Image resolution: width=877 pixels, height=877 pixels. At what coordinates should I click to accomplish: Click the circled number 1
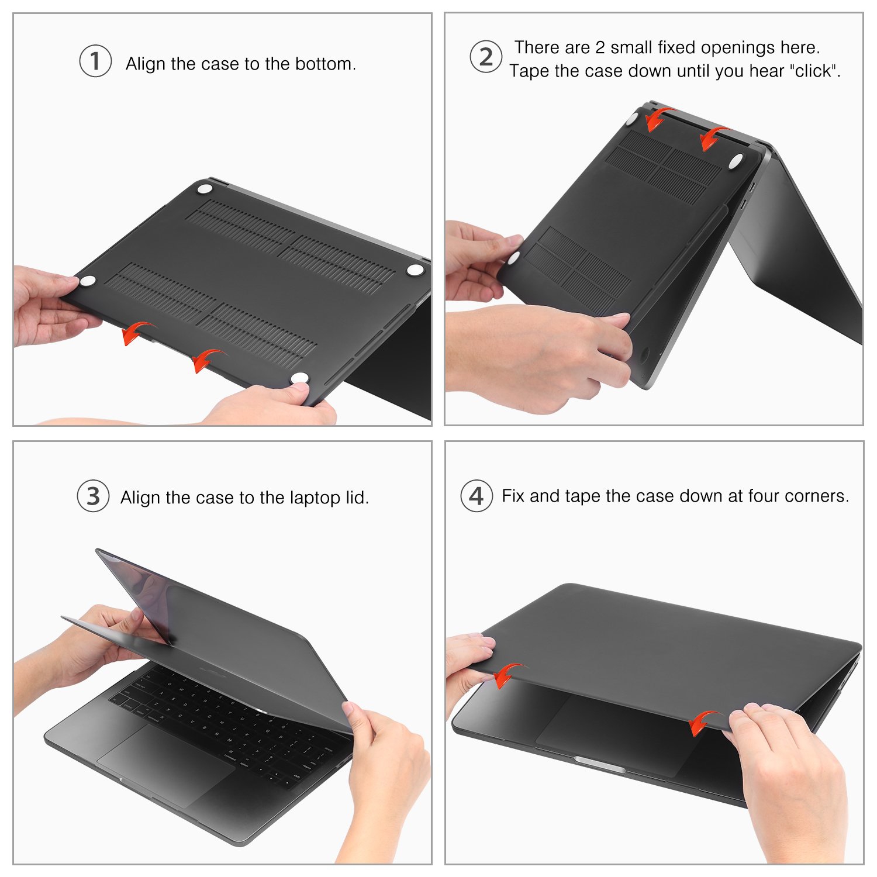click(95, 61)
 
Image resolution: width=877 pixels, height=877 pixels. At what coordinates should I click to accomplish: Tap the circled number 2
click(486, 57)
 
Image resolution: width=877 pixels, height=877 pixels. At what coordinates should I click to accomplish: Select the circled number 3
click(94, 496)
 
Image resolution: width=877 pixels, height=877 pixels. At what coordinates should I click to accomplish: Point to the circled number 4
click(477, 496)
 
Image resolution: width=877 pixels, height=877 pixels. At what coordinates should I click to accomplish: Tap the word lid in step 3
click(357, 498)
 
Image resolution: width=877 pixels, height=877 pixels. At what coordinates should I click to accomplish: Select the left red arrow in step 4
click(507, 675)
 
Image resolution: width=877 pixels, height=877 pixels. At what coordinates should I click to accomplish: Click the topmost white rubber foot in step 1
click(205, 189)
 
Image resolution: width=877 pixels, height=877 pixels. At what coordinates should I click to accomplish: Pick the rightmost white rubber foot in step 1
click(415, 269)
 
